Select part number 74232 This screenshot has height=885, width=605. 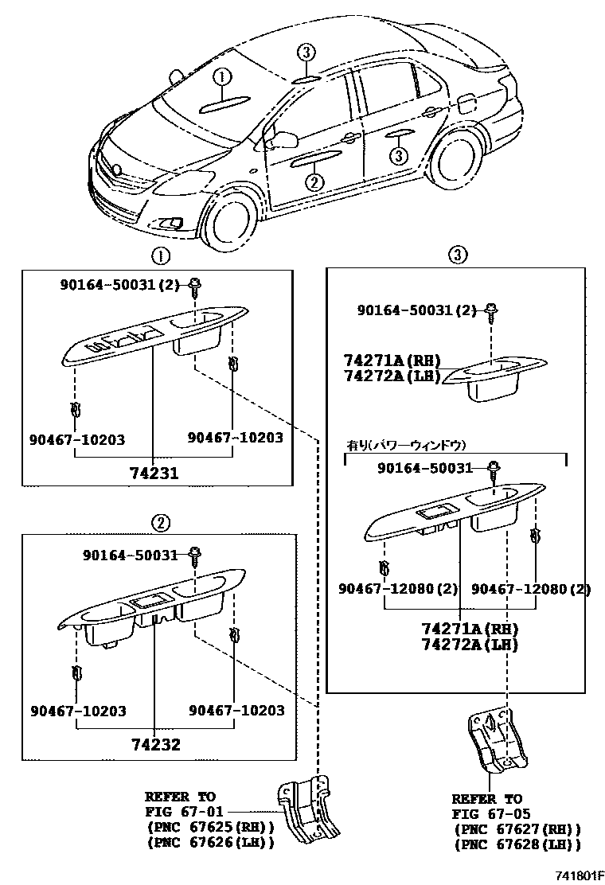(155, 745)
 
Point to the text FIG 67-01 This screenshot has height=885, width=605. (180, 812)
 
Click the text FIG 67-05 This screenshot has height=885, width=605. (486, 814)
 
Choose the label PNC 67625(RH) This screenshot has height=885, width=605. (210, 828)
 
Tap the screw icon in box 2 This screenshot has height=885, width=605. (194, 553)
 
